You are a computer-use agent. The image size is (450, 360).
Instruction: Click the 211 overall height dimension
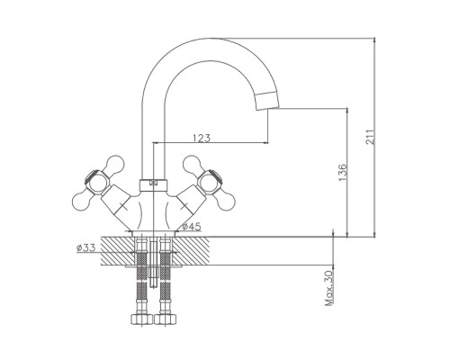(x=371, y=137)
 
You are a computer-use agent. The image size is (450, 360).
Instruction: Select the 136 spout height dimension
(x=342, y=173)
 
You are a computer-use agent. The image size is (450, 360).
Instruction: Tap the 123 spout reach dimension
(x=202, y=138)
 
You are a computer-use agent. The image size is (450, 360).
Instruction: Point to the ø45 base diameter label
(x=192, y=227)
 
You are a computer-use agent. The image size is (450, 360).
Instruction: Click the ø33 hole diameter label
(x=85, y=247)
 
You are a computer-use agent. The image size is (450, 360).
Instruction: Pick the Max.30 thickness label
(x=329, y=288)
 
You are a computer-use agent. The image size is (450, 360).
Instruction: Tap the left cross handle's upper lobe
(x=115, y=164)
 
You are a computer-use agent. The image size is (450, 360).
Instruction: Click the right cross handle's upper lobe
(x=192, y=164)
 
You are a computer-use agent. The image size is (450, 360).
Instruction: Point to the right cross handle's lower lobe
(x=226, y=201)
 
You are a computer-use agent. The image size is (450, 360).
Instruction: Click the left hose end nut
(x=142, y=319)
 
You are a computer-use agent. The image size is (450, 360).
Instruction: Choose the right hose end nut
(x=165, y=319)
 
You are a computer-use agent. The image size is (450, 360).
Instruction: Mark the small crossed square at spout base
(x=154, y=182)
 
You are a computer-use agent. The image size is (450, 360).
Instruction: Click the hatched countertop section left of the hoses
(x=117, y=251)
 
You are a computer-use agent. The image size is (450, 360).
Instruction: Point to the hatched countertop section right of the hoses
(x=192, y=251)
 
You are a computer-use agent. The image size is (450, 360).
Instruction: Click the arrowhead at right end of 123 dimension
(x=265, y=143)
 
